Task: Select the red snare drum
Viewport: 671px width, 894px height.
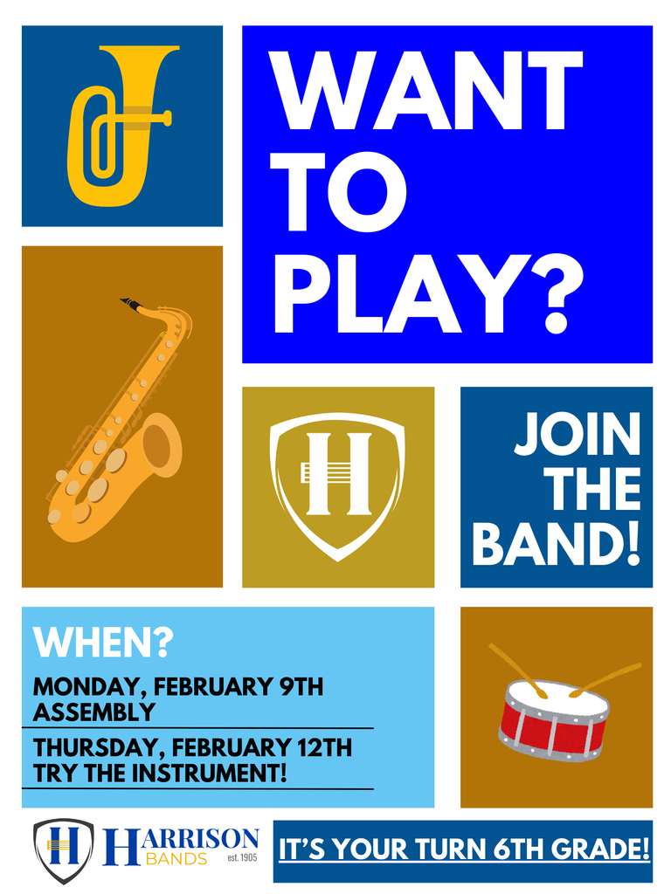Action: [x=553, y=719]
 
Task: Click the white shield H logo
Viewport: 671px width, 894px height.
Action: [x=337, y=485]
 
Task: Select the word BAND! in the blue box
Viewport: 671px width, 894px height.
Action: [x=557, y=544]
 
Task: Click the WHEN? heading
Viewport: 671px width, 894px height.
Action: [x=103, y=643]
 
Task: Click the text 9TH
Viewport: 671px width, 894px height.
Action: [x=301, y=687]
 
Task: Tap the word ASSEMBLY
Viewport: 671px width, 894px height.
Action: [x=94, y=712]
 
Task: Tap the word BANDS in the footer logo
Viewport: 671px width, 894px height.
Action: [x=176, y=859]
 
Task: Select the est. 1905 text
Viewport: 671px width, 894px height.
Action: [x=241, y=858]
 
